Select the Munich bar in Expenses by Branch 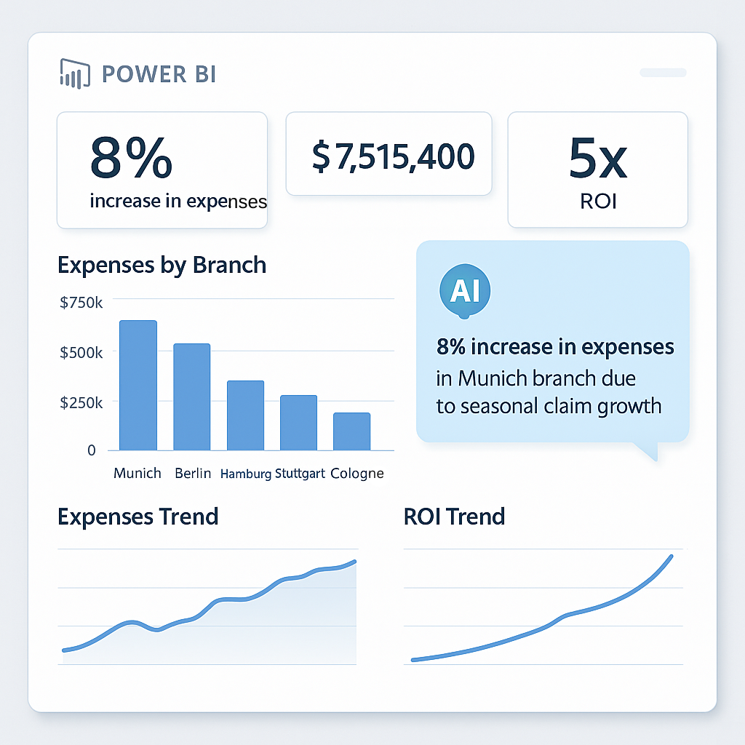(x=138, y=386)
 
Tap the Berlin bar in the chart (x=192, y=397)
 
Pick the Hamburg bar (x=245, y=415)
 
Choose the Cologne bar (x=352, y=431)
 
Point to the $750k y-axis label (x=81, y=303)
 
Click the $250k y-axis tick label (x=81, y=402)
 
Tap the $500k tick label (x=81, y=352)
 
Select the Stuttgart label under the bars (x=301, y=474)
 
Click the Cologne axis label (x=356, y=474)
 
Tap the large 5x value (x=598, y=160)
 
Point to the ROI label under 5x (x=598, y=201)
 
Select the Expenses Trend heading (x=138, y=517)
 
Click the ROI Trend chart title (x=454, y=517)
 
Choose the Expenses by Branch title (x=162, y=265)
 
